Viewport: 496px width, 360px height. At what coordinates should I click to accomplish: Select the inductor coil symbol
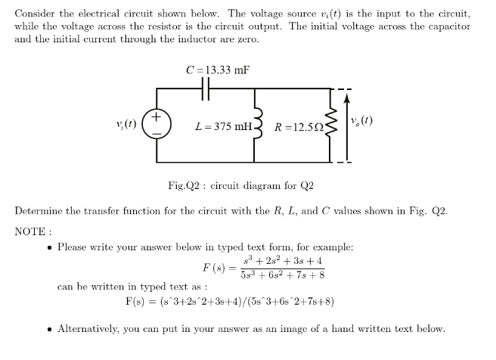pyautogui.click(x=255, y=126)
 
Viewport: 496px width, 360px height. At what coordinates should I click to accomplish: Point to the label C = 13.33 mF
pyautogui.click(x=218, y=70)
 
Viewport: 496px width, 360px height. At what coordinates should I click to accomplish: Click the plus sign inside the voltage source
pyautogui.click(x=157, y=117)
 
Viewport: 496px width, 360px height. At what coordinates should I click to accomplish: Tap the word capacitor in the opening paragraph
pyautogui.click(x=445, y=26)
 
